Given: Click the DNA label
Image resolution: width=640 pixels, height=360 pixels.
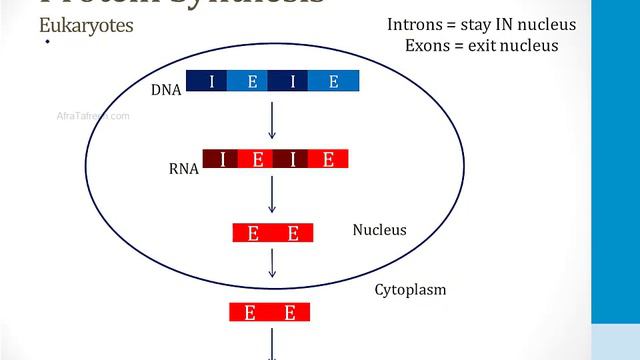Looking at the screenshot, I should coord(165,90).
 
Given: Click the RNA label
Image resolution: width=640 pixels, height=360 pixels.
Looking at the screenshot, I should coord(184,169).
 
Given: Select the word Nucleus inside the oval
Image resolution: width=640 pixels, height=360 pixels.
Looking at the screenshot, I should coord(379,230).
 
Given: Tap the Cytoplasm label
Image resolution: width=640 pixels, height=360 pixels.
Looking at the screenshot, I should coord(410,290).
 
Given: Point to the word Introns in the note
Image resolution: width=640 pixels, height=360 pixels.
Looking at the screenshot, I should coord(414,24).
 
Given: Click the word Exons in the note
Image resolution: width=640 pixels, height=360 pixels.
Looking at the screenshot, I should coord(427,45).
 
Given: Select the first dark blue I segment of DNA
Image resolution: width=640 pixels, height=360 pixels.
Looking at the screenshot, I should coord(211,82).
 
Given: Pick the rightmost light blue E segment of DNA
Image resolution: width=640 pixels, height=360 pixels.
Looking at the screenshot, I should coord(334,82).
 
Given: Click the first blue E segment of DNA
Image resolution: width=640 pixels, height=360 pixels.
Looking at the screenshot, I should coord(252,82).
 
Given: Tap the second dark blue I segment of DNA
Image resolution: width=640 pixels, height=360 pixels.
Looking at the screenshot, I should coord(292,82).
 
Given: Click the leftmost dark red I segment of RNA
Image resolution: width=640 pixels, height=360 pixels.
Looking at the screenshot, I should coord(221,158).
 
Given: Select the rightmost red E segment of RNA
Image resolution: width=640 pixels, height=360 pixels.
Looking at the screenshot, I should coord(328,158).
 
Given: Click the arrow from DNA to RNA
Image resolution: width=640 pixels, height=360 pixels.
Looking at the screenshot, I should coord(272,119).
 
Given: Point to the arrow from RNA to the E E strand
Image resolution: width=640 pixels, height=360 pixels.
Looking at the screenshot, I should coord(272,195).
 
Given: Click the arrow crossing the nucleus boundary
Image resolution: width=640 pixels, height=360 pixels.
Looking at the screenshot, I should coord(272,265).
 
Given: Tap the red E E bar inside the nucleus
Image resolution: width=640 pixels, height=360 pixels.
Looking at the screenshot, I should coord(273,233).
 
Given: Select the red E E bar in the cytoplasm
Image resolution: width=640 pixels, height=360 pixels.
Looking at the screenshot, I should coord(270,312).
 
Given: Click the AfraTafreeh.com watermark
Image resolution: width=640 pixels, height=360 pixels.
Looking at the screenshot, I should coord(94,116).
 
